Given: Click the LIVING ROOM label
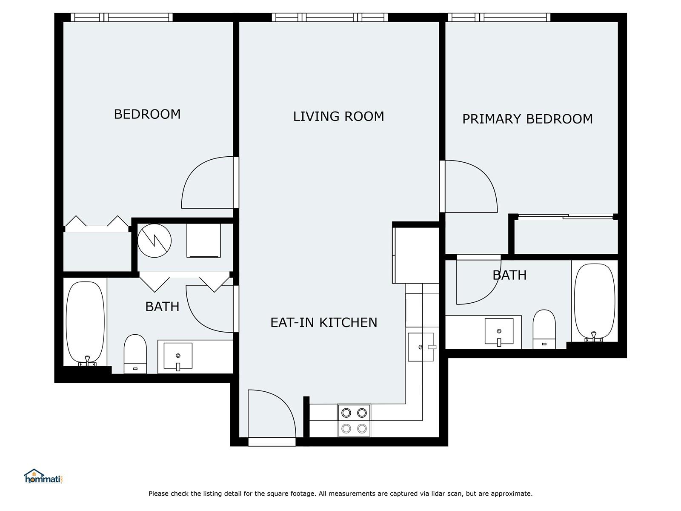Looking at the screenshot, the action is pyautogui.click(x=338, y=117).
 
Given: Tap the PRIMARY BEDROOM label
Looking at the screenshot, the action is pyautogui.click(x=527, y=119).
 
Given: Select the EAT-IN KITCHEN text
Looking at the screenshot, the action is pyautogui.click(x=323, y=323).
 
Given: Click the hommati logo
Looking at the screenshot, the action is pyautogui.click(x=44, y=476).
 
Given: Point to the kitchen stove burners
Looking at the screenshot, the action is pyautogui.click(x=354, y=421).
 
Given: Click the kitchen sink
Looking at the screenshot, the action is pyautogui.click(x=421, y=347).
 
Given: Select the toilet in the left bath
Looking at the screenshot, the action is pyautogui.click(x=135, y=354).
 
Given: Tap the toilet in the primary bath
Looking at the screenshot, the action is pyautogui.click(x=544, y=329).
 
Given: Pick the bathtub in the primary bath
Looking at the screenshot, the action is pyautogui.click(x=595, y=302).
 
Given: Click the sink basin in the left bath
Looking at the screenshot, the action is pyautogui.click(x=178, y=356).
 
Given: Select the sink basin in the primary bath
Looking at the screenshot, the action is pyautogui.click(x=499, y=331).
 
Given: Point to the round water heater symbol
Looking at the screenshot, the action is pyautogui.click(x=154, y=241).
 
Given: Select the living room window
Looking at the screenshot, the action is pyautogui.click(x=330, y=17).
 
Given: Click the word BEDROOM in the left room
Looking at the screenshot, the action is pyautogui.click(x=147, y=114).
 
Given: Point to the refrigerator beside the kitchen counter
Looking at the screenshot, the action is pyautogui.click(x=416, y=255).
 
